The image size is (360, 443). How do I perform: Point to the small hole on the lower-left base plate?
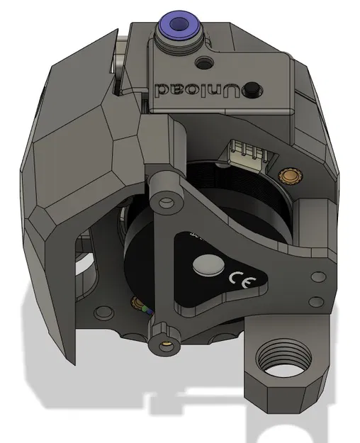pos(104,311)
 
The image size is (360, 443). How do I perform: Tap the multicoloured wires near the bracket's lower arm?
pos(147,312)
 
